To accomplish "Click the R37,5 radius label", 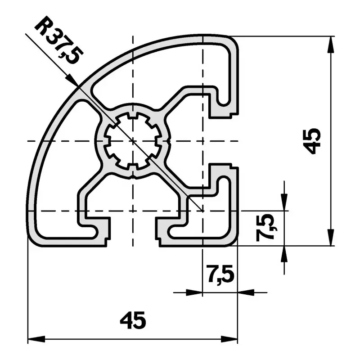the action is coord(59,40).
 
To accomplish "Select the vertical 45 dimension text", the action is coord(311,141).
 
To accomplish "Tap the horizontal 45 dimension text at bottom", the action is coord(133,320).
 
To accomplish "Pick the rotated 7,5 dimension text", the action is coord(266,227).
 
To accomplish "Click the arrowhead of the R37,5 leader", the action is coord(72,80).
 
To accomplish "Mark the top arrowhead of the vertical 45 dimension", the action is coord(330,45).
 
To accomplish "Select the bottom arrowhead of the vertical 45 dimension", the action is coord(330,237).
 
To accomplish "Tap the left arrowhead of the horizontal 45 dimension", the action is coord(36,339).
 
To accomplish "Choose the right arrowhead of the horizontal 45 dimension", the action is coord(229,339).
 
